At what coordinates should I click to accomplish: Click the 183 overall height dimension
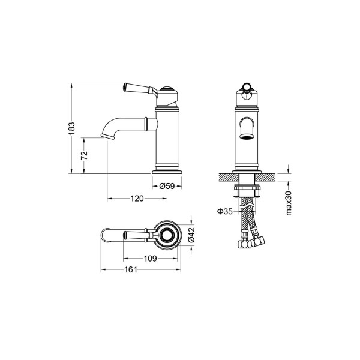71,128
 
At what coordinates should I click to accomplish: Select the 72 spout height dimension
84,155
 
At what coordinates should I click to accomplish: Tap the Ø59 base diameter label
167,186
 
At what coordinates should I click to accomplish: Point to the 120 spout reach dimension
137,199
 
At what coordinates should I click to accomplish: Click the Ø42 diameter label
191,235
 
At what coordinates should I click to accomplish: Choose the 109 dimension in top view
150,259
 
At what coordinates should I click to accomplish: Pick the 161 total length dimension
131,269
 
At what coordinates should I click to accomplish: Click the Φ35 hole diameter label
225,211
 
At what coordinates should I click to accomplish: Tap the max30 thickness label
289,203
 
